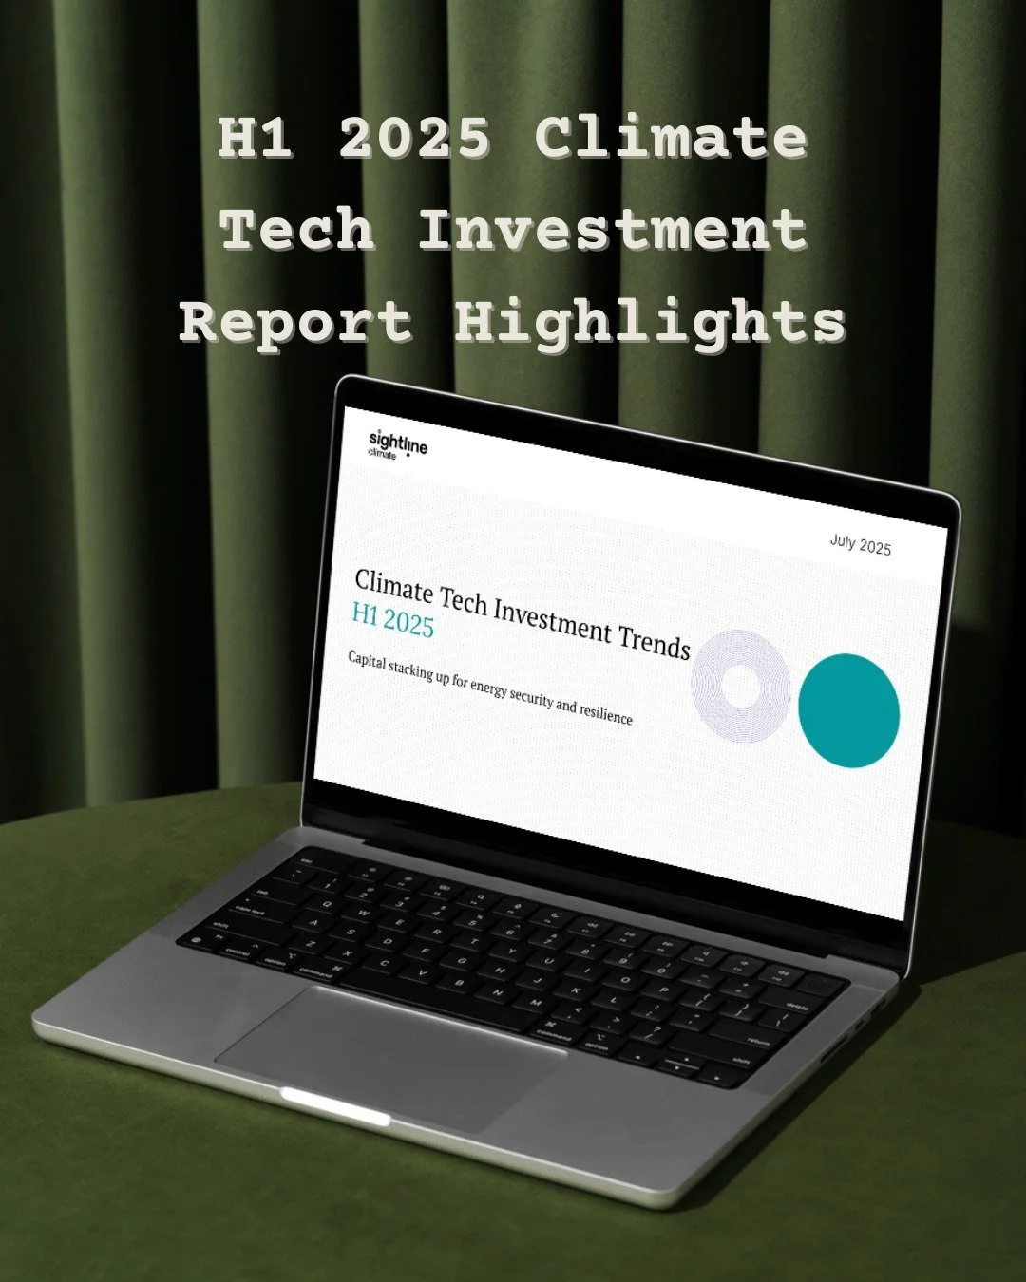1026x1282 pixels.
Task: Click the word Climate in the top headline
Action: tap(671, 138)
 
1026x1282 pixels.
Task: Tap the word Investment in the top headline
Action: tap(612, 230)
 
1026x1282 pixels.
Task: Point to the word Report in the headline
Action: tap(295, 323)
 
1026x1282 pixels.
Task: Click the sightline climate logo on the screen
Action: tap(397, 444)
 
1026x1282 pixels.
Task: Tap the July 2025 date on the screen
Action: tap(860, 544)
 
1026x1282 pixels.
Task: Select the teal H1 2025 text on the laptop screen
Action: tap(392, 619)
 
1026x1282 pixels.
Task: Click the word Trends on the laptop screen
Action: tap(654, 643)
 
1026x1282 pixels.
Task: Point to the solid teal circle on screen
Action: tap(847, 709)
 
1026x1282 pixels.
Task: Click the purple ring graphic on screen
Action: tap(741, 685)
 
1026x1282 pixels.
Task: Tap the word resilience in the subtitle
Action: tap(606, 712)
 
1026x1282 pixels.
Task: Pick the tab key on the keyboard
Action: tap(266, 893)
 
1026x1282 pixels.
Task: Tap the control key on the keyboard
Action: tap(237, 952)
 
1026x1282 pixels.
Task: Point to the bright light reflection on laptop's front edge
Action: tap(334, 1104)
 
